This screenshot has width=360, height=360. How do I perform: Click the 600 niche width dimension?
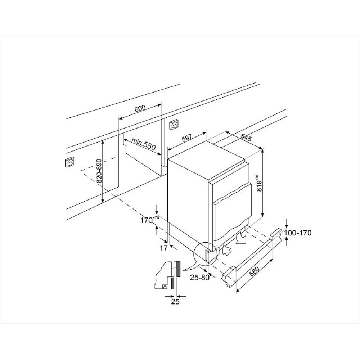click(x=140, y=108)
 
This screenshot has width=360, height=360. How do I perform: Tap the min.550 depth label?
click(x=144, y=144)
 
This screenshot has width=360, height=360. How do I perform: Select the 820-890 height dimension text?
click(x=99, y=171)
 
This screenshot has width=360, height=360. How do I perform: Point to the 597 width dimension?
click(x=186, y=139)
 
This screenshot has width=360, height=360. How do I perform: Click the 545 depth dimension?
click(x=246, y=137)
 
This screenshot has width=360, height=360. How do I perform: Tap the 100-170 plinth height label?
click(x=298, y=233)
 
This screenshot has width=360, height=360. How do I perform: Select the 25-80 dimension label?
click(x=200, y=278)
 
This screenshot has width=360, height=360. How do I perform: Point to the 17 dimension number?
click(x=163, y=248)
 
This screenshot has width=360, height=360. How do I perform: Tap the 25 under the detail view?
click(x=175, y=302)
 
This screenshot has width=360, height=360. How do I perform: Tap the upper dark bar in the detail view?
click(x=179, y=269)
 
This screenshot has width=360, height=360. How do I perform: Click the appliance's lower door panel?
click(x=231, y=218)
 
